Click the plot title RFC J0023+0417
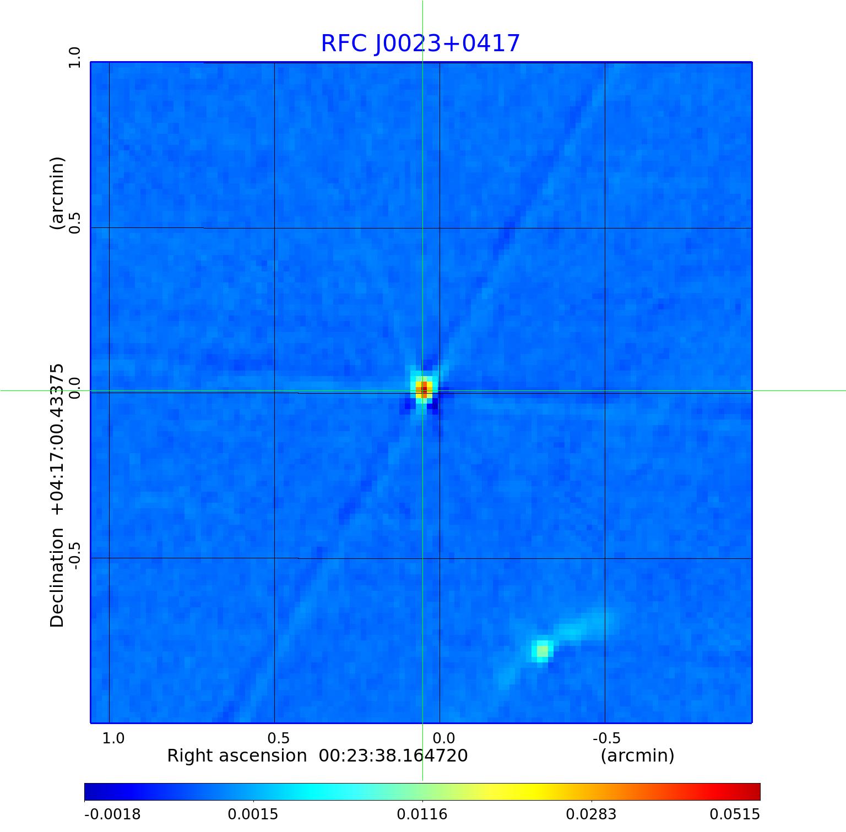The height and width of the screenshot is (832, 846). coord(420,43)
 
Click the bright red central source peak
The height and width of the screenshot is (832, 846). coord(423,389)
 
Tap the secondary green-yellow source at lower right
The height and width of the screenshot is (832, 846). coord(543,650)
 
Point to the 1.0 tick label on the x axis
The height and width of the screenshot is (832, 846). coord(113,738)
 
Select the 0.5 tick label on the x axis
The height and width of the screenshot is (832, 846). coord(279,738)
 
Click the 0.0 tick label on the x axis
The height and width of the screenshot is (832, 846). coord(443,738)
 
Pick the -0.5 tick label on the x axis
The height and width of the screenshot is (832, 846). coord(606,738)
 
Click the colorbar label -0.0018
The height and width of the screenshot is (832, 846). coord(112,814)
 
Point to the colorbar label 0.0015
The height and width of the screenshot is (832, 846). coord(253,814)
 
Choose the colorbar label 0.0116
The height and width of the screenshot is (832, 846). coord(422,814)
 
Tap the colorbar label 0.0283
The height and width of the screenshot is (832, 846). coord(591,814)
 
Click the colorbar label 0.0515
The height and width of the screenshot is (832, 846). coord(734,814)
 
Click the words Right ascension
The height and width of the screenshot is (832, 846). coord(237,755)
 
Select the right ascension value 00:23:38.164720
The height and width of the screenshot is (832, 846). coord(393,755)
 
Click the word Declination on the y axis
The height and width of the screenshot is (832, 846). coord(57,578)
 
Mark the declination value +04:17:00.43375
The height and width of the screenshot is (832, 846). coord(57,439)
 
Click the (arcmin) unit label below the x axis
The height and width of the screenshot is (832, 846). coord(637,755)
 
